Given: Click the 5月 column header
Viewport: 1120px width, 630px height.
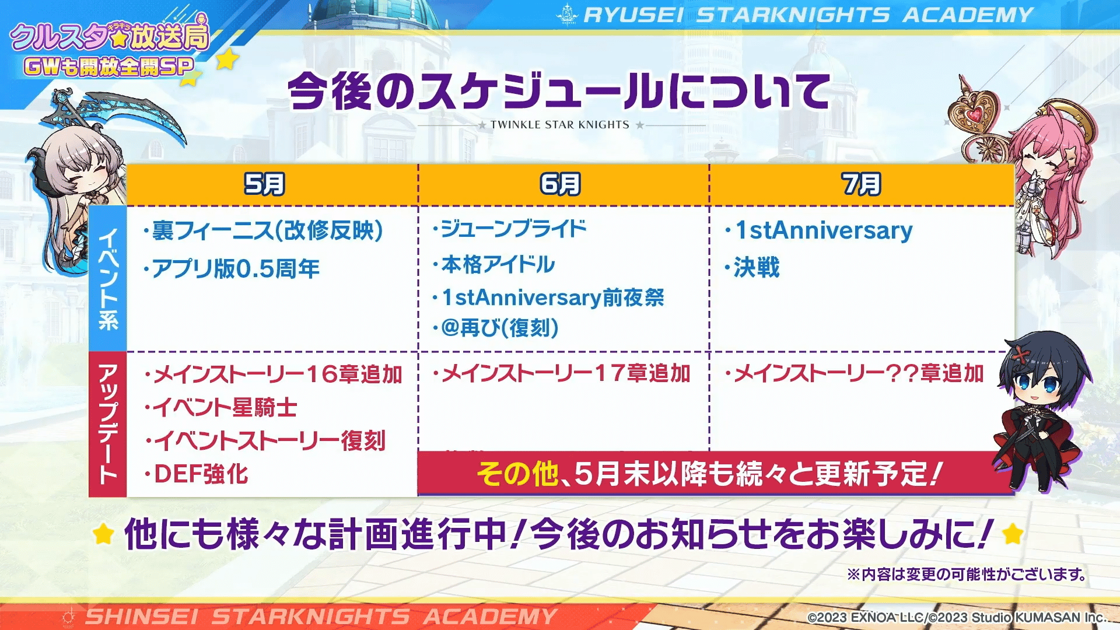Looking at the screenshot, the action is tap(264, 184).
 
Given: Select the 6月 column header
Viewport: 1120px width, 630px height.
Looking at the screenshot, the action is tap(560, 184).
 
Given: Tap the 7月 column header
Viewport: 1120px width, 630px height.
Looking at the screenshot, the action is tap(861, 184).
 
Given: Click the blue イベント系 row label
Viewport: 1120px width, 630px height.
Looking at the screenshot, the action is tap(108, 278).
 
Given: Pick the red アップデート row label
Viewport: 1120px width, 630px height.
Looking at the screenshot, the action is tap(108, 424).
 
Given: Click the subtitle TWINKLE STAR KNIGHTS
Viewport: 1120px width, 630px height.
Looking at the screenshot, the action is tap(560, 125).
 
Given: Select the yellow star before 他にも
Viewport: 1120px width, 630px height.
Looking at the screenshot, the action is tap(103, 534).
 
